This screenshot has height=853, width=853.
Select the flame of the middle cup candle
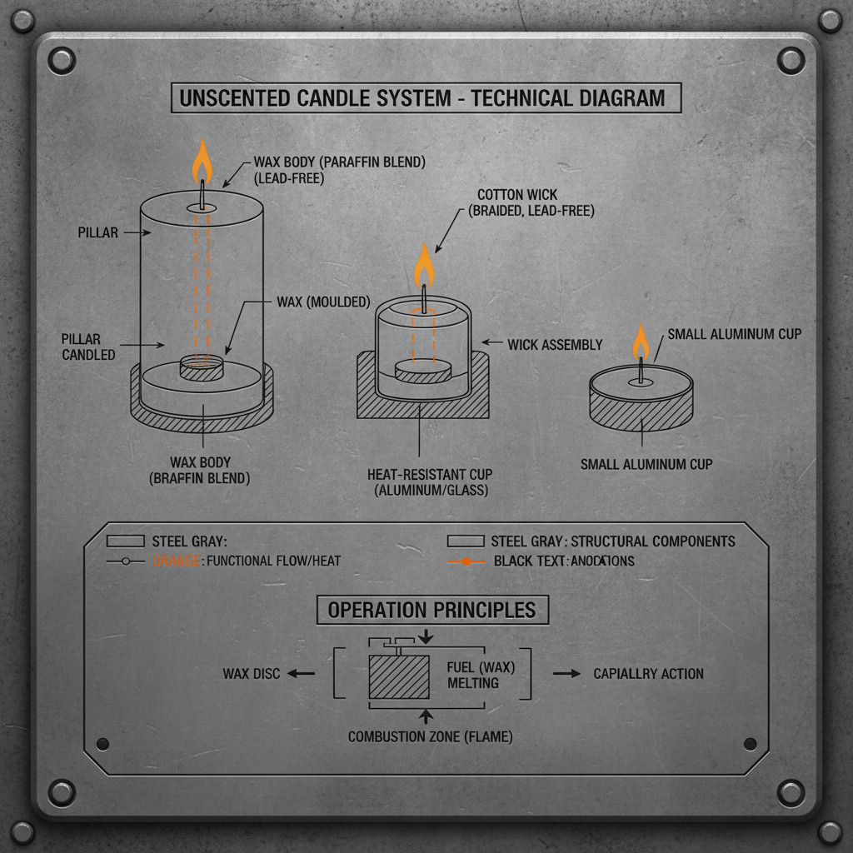coord(424,267)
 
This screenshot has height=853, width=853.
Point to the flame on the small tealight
coord(641,342)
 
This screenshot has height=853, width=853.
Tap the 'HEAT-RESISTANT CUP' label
coord(430,474)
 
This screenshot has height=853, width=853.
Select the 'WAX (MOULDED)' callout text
coord(323,302)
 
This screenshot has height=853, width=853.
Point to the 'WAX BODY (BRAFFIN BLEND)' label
coord(200,471)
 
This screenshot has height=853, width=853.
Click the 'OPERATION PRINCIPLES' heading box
coord(431,610)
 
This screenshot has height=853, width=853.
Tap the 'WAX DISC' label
coord(252,673)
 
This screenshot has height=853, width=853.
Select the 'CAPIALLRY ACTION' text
coord(648,673)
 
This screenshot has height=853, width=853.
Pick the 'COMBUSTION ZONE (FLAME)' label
coord(430,736)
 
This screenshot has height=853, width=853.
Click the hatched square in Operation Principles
coord(398,676)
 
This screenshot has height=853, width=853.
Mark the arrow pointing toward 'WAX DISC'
coord(302,673)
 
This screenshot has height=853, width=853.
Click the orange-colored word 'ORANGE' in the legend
coord(176,561)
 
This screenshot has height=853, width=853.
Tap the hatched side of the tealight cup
coord(641,413)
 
